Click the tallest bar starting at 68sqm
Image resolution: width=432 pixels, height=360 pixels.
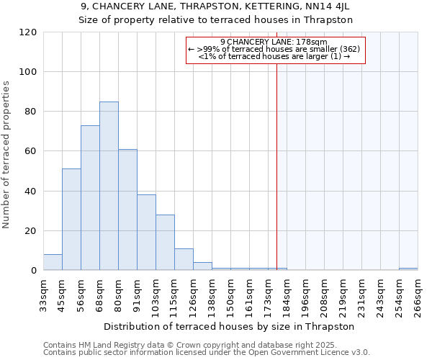[x=109, y=186]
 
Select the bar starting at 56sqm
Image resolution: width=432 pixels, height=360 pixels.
[x=90, y=198]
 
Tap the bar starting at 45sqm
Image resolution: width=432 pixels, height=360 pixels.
[x=71, y=220]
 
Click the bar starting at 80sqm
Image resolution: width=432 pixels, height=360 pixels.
[x=127, y=210]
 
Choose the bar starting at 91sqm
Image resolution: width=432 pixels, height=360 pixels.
[x=146, y=233]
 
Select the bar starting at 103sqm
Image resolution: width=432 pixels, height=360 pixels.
[x=165, y=243]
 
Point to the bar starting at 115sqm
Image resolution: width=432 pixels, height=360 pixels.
[x=184, y=259]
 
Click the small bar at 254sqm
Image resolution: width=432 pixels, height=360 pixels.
[x=408, y=269]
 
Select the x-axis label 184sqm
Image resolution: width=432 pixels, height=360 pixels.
[x=287, y=294]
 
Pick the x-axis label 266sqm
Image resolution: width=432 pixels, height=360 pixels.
[x=418, y=294]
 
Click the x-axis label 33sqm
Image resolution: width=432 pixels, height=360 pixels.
[x=43, y=294]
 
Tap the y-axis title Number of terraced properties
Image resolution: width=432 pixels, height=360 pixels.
[x=6, y=154]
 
